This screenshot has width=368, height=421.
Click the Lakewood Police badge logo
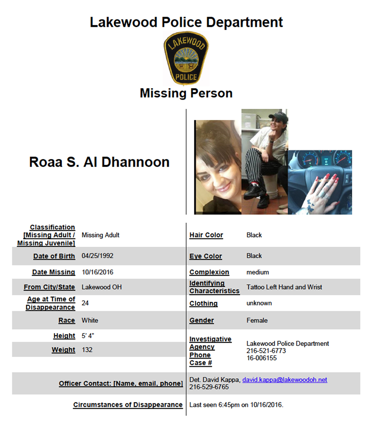coord(186,59)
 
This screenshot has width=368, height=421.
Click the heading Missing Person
coord(186,93)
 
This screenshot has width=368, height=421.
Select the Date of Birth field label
coord(54,256)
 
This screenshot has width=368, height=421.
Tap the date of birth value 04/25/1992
coord(97,256)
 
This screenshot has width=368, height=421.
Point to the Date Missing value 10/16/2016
coord(97,272)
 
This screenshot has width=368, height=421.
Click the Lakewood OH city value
coord(102,287)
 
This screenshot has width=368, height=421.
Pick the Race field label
coord(66,320)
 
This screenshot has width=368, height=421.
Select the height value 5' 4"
coord(88,336)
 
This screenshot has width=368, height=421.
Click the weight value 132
coord(87,350)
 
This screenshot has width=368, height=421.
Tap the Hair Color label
coord(206,235)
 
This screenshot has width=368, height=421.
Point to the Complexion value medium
coord(258,272)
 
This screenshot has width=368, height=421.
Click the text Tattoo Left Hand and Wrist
coord(284,287)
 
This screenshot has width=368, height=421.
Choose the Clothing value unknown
coord(259,303)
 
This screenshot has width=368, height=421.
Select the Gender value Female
coord(257,320)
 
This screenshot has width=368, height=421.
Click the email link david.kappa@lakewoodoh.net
coord(285,380)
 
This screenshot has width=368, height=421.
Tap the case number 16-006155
coord(262,358)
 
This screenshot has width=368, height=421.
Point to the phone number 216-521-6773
coord(266,351)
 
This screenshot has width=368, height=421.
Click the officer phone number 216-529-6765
coord(209,387)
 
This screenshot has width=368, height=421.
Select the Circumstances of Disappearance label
coord(128,405)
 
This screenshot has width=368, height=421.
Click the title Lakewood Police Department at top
coord(186,22)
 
